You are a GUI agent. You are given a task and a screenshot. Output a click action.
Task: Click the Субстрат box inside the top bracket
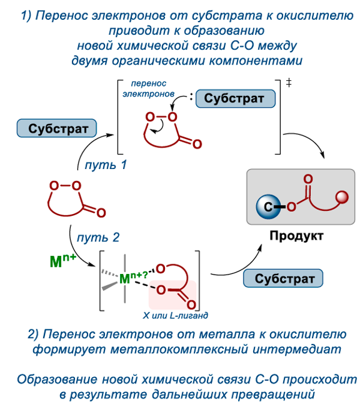click(x=234, y=99)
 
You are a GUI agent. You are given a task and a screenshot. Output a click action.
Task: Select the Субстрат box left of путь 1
click(x=54, y=128)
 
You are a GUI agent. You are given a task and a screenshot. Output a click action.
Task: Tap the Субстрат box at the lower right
click(x=284, y=279)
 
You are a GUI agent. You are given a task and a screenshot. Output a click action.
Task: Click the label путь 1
click(x=106, y=164)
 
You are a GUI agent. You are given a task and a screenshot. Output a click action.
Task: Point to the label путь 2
click(x=98, y=238)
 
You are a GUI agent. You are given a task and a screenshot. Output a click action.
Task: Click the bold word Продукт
click(x=296, y=236)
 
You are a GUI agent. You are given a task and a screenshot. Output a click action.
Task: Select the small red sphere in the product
click(x=343, y=197)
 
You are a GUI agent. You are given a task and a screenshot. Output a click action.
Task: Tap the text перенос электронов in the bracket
click(x=148, y=89)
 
